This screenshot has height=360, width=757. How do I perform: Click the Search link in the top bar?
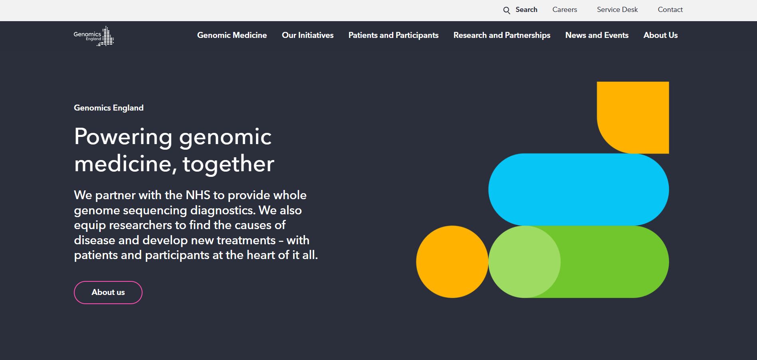coord(526,10)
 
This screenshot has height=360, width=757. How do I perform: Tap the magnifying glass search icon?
coord(507,10)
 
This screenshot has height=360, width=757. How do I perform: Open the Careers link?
coord(565,10)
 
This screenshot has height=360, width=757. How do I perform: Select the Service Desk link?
coord(617,10)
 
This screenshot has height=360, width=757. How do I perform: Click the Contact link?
coord(670,10)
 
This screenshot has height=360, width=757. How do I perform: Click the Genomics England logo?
coord(94,36)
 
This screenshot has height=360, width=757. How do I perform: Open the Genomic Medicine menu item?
coord(232,35)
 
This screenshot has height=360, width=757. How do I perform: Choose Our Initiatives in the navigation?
coord(307,35)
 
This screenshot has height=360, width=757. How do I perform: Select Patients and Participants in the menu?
coord(393,35)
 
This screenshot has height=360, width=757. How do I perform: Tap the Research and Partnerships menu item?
coord(502,35)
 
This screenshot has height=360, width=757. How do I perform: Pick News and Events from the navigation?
coord(597,35)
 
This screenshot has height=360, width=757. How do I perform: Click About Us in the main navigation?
coord(660,35)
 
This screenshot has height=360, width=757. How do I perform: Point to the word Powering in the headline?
coord(123,137)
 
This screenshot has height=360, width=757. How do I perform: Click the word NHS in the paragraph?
coord(198,195)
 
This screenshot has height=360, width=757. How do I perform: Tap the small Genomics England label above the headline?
coord(109,108)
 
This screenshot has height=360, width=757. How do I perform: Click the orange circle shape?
coord(452,262)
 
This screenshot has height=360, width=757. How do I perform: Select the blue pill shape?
coord(579,190)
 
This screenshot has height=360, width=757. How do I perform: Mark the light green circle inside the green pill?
coord(524,262)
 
